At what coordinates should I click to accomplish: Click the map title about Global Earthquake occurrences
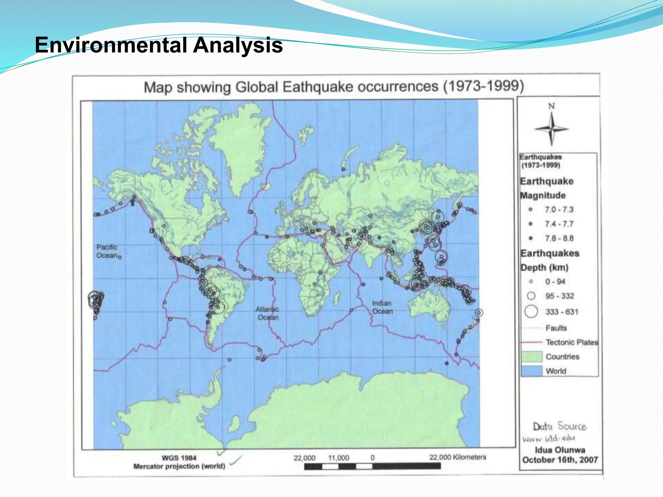[x=333, y=87]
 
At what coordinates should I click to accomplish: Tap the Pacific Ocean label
[x=107, y=251]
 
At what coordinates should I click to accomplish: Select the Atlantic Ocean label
[x=267, y=313]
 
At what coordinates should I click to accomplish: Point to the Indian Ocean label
[x=382, y=307]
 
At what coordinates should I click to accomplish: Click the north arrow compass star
[x=552, y=128]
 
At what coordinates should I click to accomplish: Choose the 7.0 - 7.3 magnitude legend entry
[x=558, y=210]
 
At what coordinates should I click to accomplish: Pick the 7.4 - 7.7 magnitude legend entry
[x=558, y=224]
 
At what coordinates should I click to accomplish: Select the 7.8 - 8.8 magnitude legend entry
[x=558, y=238]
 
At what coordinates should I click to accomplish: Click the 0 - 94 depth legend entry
[x=555, y=282]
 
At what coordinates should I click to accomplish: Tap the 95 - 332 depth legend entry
[x=559, y=296]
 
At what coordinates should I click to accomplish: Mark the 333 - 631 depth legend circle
[x=531, y=312]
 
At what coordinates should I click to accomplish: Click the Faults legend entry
[x=556, y=328]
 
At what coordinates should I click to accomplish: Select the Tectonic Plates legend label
[x=572, y=342]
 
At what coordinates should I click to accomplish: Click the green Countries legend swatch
[x=532, y=357]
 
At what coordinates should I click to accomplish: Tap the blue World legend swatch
[x=532, y=371]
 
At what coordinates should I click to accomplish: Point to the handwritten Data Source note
[x=559, y=426]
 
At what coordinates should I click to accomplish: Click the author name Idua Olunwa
[x=560, y=450]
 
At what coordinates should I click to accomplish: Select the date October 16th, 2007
[x=560, y=460]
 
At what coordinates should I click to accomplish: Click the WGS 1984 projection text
[x=179, y=458]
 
